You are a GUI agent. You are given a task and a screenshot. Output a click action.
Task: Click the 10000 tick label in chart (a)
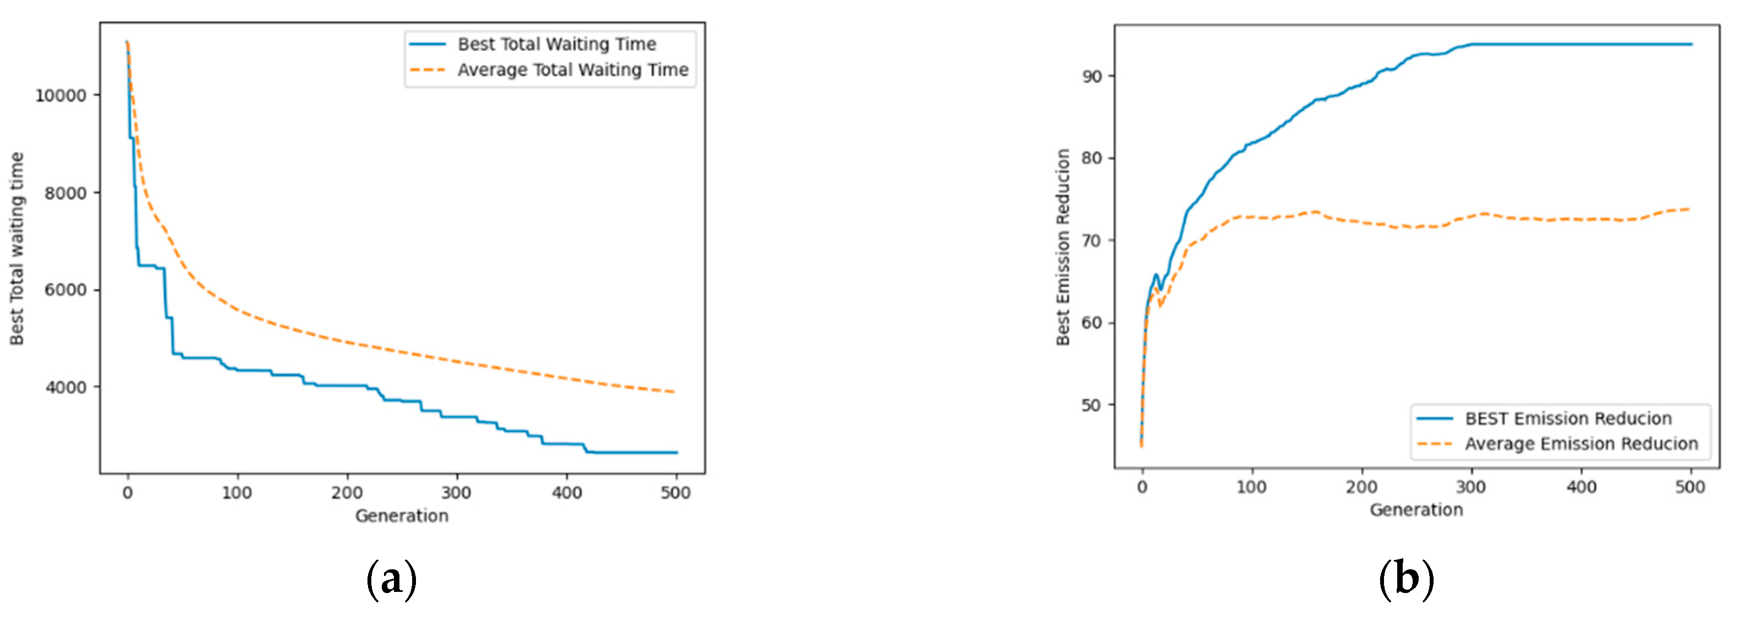[x=61, y=96]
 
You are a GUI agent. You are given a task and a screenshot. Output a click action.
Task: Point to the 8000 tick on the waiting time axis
[x=66, y=193]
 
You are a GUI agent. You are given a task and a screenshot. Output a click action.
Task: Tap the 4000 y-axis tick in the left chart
[x=66, y=387]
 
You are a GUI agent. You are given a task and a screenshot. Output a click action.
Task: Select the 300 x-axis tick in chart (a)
[x=456, y=493]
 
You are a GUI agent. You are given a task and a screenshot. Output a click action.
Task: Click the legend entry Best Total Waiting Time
[x=556, y=45]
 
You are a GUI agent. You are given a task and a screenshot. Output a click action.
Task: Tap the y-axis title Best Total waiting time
[x=17, y=248]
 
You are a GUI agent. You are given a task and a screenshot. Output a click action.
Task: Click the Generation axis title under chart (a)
[x=402, y=516]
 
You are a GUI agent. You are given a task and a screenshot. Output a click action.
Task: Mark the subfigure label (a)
[x=391, y=579]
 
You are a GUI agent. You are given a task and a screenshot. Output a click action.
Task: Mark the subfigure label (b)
[x=1406, y=579]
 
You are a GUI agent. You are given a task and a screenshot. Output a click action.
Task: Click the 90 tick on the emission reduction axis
[x=1091, y=77]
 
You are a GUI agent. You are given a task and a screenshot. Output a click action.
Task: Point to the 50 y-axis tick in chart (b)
[x=1091, y=406]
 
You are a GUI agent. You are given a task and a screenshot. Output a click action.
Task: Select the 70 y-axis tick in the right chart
[x=1091, y=241]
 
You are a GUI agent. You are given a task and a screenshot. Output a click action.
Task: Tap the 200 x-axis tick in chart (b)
[x=1361, y=487]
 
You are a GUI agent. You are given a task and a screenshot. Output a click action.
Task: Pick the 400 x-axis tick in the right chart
[x=1581, y=487]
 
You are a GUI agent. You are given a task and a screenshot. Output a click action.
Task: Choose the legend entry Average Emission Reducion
[x=1581, y=444]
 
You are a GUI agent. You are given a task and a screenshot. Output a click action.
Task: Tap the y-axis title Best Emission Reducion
[x=1063, y=247]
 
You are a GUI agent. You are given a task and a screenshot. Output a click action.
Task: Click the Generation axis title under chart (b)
[x=1416, y=510]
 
